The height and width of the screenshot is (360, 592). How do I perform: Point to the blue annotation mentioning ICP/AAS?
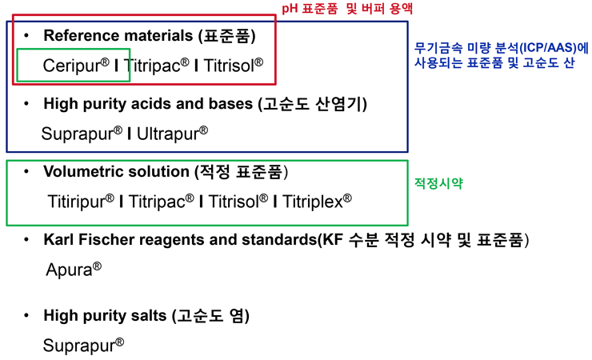(502, 55)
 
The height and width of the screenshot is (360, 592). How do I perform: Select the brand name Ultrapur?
(169, 133)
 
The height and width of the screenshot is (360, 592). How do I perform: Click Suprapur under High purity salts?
(81, 346)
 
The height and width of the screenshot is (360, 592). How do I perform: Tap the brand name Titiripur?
(78, 201)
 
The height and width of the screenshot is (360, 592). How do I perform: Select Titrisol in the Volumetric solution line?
(236, 201)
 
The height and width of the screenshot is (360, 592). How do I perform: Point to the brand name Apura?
(70, 269)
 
